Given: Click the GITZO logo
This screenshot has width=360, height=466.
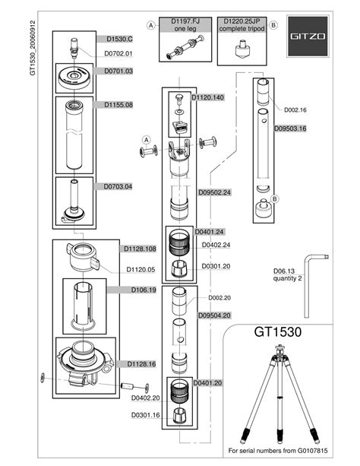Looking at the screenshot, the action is click(308, 36).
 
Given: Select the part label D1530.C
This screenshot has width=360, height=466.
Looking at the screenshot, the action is click(120, 39).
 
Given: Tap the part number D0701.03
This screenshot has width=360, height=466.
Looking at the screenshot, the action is click(118, 71).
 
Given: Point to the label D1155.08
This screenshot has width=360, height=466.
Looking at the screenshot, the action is click(118, 105).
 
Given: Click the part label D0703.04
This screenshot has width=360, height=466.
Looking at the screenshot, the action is click(118, 187).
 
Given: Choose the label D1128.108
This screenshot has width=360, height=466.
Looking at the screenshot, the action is click(140, 249).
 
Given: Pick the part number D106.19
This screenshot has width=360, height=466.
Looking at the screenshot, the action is click(144, 290).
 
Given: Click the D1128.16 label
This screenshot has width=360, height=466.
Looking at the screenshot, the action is click(141, 364).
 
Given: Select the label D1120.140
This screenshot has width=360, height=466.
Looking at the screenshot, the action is click(207, 97).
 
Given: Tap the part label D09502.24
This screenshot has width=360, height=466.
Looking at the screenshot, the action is click(214, 192).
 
